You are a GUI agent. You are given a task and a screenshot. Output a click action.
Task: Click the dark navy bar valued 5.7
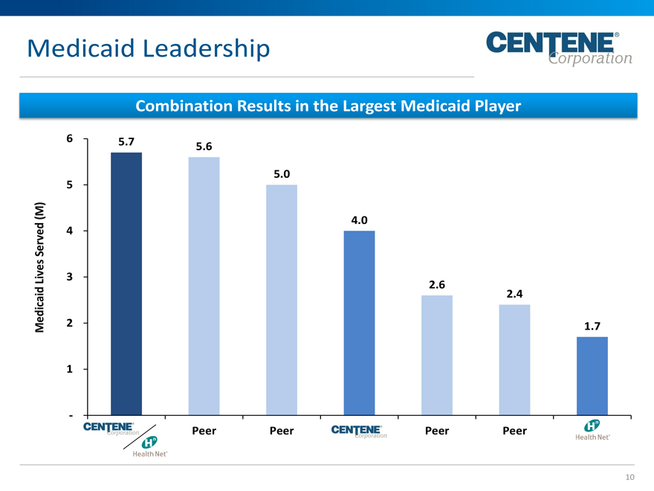pyautogui.click(x=126, y=283)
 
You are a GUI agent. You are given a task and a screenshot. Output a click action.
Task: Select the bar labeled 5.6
pyautogui.click(x=204, y=286)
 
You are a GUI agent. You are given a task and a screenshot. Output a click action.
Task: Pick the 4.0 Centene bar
pyautogui.click(x=359, y=323)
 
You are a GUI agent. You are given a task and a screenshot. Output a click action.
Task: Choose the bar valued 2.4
pyautogui.click(x=514, y=359)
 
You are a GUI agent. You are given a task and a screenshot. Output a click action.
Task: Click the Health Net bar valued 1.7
pyautogui.click(x=592, y=376)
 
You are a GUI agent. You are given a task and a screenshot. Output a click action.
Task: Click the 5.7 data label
pyautogui.click(x=126, y=141)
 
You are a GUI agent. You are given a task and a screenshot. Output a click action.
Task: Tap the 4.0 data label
pyautogui.click(x=359, y=220)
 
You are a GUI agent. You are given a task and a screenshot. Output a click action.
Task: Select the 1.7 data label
pyautogui.click(x=592, y=326)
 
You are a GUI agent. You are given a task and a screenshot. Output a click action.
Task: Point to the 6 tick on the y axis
pyautogui.click(x=69, y=138)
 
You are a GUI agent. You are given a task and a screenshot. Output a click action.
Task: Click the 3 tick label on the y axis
pyautogui.click(x=69, y=277)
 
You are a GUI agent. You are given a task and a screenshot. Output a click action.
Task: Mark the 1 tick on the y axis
pyautogui.click(x=69, y=369)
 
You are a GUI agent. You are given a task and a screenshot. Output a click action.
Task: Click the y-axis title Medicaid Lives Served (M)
pyautogui.click(x=42, y=268)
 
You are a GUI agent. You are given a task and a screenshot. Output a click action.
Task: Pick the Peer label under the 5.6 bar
pyautogui.click(x=204, y=431)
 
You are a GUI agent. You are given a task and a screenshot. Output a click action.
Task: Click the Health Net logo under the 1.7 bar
pyautogui.click(x=592, y=431)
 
